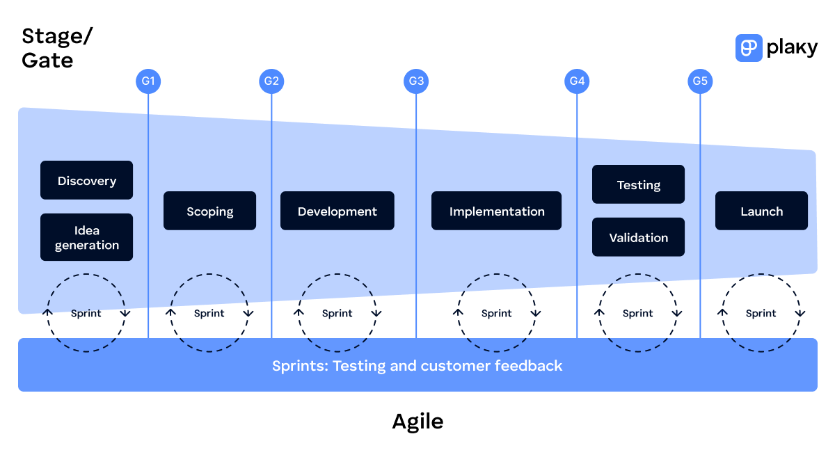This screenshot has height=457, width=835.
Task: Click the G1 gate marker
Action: pyautogui.click(x=148, y=81)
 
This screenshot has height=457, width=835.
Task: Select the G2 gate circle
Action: pyautogui.click(x=271, y=81)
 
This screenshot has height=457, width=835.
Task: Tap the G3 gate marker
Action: pyautogui.click(x=416, y=81)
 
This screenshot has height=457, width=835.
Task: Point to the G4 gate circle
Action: pyautogui.click(x=577, y=81)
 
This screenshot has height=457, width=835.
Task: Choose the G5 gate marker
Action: pyautogui.click(x=700, y=81)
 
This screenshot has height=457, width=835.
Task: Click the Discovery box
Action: pyautogui.click(x=86, y=181)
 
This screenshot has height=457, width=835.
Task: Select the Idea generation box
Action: pyautogui.click(x=86, y=237)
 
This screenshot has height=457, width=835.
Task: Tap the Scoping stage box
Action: pyautogui.click(x=209, y=211)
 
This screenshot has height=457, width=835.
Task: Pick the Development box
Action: pyautogui.click(x=337, y=211)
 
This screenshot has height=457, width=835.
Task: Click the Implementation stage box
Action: pyautogui.click(x=496, y=211)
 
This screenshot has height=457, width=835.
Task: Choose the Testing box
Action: pyautogui.click(x=638, y=184)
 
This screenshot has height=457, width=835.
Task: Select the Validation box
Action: pyautogui.click(x=638, y=237)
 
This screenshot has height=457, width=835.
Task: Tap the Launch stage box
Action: pyautogui.click(x=761, y=211)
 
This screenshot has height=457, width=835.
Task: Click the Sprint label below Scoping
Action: pyautogui.click(x=209, y=314)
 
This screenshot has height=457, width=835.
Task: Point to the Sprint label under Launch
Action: pyautogui.click(x=761, y=314)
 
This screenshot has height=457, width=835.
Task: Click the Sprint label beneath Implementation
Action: pyautogui.click(x=496, y=314)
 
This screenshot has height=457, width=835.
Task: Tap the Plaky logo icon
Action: pyautogui.click(x=749, y=48)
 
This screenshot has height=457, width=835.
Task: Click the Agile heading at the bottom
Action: pyautogui.click(x=417, y=421)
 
